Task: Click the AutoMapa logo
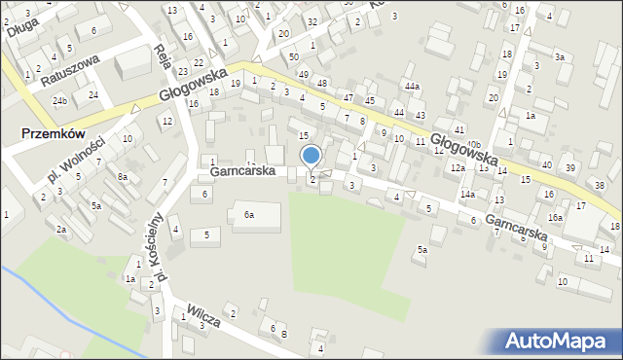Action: tap(558, 341)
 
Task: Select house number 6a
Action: tap(249, 214)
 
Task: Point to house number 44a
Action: tap(413, 88)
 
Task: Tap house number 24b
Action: tap(60, 101)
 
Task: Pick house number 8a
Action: tap(123, 177)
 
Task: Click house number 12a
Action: tap(458, 168)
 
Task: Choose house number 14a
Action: tap(468, 195)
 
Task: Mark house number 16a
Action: tap(554, 218)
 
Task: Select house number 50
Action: tap(293, 58)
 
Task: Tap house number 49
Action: tap(304, 75)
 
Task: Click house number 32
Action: tap(311, 21)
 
